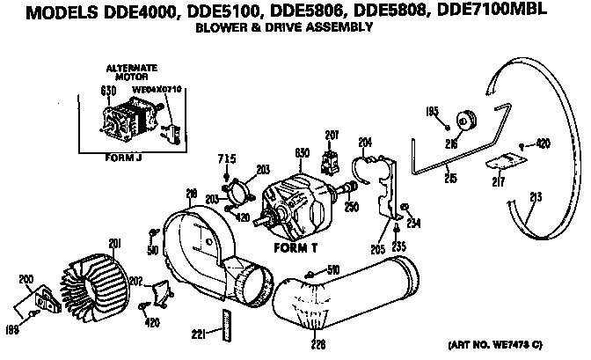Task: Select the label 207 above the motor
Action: point(332,134)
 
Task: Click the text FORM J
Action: point(119,159)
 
